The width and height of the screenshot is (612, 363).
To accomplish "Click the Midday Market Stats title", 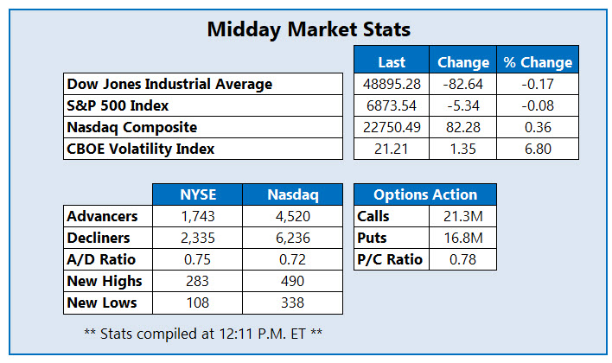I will pyautogui.click(x=309, y=29).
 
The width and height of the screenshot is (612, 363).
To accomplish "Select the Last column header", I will pyautogui.click(x=392, y=62).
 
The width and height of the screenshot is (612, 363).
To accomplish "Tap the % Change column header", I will pyautogui.click(x=538, y=62).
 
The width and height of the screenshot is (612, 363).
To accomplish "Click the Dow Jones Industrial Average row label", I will pyautogui.click(x=169, y=84).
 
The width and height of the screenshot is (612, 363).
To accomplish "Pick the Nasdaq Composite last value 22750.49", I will pyautogui.click(x=392, y=127).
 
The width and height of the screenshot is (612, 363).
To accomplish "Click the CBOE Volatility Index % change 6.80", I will pyautogui.click(x=538, y=149).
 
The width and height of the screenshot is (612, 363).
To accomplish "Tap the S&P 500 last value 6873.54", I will pyautogui.click(x=392, y=105).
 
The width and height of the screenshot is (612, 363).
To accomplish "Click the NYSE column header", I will pyautogui.click(x=197, y=194).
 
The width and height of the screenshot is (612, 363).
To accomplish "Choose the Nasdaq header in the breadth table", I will pyautogui.click(x=292, y=194).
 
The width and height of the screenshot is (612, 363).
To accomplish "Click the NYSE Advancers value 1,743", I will pyautogui.click(x=197, y=216).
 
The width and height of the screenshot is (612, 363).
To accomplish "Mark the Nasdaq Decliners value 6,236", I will pyautogui.click(x=292, y=238).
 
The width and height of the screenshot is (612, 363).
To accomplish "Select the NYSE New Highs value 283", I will pyautogui.click(x=197, y=281).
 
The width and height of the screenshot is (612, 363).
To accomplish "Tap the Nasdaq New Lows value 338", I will pyautogui.click(x=292, y=302).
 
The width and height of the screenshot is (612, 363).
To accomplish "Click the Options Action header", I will pyautogui.click(x=425, y=194).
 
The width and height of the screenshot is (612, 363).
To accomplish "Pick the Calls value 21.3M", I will pyautogui.click(x=460, y=216).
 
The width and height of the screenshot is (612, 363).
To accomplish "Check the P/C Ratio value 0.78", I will pyautogui.click(x=460, y=259).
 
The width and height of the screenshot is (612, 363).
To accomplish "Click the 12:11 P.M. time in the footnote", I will pyautogui.click(x=244, y=332).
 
